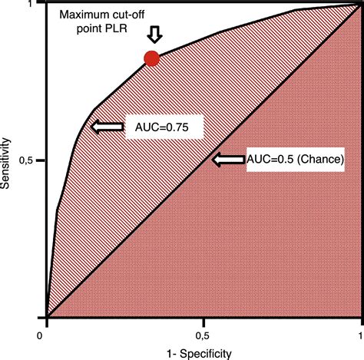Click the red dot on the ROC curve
(151, 58)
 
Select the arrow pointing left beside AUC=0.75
(106, 127)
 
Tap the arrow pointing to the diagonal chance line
(228, 159)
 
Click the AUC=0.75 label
(163, 127)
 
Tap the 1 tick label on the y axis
(35, 5)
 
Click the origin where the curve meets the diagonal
(47, 316)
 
